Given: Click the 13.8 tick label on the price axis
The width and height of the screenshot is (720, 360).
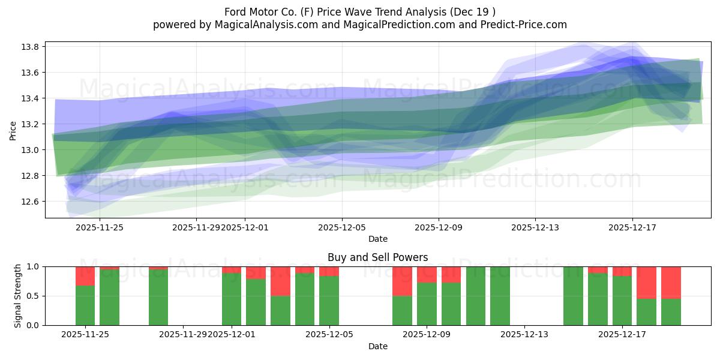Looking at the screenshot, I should pyautogui.click(x=31, y=47).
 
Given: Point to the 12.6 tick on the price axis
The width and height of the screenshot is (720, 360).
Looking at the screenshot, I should pyautogui.click(x=31, y=202).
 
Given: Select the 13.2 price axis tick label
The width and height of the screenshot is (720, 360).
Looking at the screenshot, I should pyautogui.click(x=31, y=124).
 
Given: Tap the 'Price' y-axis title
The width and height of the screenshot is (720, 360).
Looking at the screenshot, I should pyautogui.click(x=13, y=130).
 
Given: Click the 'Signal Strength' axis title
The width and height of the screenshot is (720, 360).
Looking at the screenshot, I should pyautogui.click(x=18, y=296).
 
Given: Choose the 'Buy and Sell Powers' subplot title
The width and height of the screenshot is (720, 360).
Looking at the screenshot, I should pyautogui.click(x=377, y=257).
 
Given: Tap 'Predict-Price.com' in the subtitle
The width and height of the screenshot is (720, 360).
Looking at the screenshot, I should pyautogui.click(x=527, y=25).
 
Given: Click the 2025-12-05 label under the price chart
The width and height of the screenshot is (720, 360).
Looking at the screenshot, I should pyautogui.click(x=342, y=227).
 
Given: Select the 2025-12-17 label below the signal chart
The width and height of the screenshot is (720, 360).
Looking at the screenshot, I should pyautogui.click(x=622, y=335).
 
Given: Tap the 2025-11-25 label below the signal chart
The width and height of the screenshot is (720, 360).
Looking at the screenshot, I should pyautogui.click(x=84, y=335).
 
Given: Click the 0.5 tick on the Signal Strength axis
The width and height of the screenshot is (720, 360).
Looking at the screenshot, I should pyautogui.click(x=31, y=296).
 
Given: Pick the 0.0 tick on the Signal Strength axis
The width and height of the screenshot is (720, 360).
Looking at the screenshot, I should pyautogui.click(x=31, y=325).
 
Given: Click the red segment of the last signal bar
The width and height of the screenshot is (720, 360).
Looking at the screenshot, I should pyautogui.click(x=671, y=282).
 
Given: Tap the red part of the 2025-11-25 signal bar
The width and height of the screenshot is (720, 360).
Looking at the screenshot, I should pyautogui.click(x=85, y=276).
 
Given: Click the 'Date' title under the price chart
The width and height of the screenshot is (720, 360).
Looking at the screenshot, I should pyautogui.click(x=377, y=239).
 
